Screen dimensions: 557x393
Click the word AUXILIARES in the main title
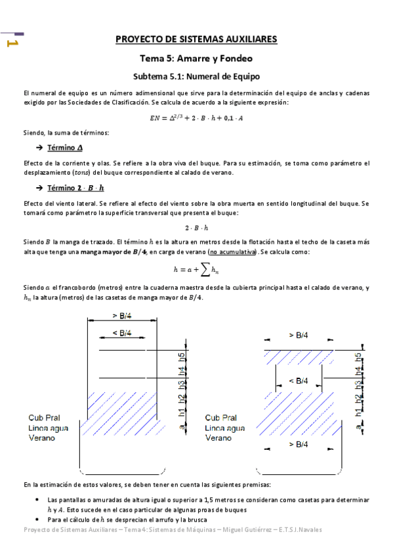[x=248, y=39]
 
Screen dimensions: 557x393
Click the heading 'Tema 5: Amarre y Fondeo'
[x=196, y=58]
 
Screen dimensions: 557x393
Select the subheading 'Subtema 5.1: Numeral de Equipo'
[x=196, y=76]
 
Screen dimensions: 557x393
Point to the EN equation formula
[x=196, y=118]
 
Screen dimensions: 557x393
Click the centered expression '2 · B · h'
[x=196, y=228]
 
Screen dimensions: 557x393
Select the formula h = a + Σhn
[x=196, y=269]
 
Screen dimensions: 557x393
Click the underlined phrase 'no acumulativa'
[x=231, y=252]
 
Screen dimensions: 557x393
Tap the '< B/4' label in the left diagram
[x=122, y=333]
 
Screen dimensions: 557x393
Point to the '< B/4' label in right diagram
[x=299, y=381]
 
